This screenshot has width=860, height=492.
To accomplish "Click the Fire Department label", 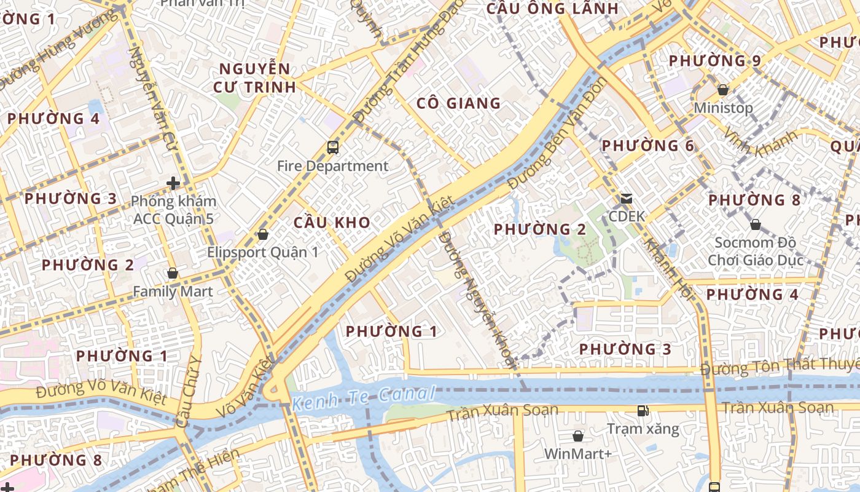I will click(x=332, y=166).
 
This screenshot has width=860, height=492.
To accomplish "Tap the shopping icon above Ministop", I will click(x=723, y=90).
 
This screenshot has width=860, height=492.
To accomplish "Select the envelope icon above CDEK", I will click(x=627, y=199).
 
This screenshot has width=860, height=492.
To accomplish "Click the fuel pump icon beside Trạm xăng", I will click(x=643, y=410).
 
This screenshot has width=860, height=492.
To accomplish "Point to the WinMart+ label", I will click(x=577, y=454).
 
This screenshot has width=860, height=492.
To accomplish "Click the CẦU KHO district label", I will click(x=332, y=223).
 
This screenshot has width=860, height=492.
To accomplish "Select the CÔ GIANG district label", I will click(x=458, y=103).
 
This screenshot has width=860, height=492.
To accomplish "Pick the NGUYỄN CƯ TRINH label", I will click(x=254, y=78).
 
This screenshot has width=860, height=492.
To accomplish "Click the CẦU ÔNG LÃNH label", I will click(x=552, y=9).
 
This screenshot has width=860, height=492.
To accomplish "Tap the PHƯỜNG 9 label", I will click(x=714, y=61).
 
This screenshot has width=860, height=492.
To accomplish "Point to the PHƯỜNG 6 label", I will click(x=647, y=146).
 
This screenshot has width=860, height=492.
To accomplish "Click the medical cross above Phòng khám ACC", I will click(x=173, y=183).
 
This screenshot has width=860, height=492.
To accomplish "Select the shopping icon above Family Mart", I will click(x=173, y=273).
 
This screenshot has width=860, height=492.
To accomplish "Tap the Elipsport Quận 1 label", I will click(x=262, y=252).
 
